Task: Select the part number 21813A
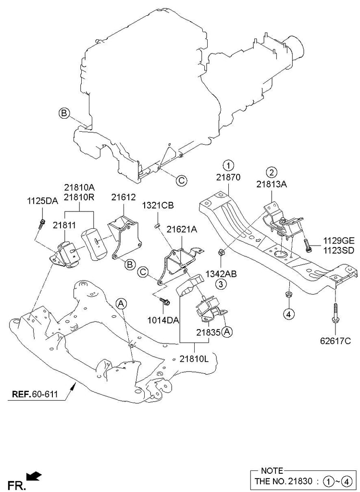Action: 272,184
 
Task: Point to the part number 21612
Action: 124,197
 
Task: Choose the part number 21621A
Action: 182,230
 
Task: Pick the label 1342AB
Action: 221,274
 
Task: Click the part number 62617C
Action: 335,342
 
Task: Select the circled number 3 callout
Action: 221,284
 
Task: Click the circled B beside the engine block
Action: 63,113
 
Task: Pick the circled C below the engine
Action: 181,180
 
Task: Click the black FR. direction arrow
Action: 34,476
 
